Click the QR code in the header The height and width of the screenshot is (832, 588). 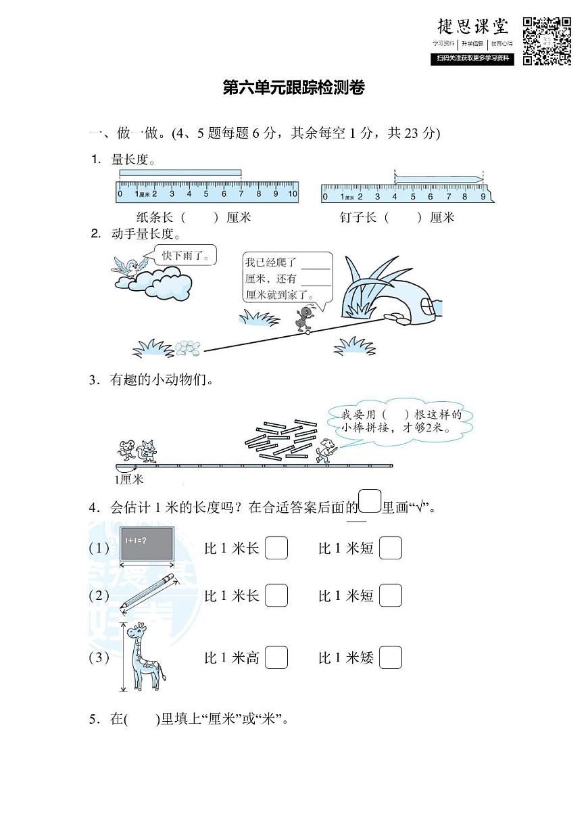pos(547,41)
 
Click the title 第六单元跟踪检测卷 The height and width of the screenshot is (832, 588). pos(294,89)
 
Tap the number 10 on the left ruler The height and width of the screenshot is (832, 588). pos(292,194)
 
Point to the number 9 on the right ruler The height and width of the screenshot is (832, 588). pos(483,197)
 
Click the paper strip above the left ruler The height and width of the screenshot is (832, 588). pos(180,173)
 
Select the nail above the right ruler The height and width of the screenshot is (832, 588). pos(439,179)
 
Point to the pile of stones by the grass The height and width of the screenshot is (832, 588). pos(188,348)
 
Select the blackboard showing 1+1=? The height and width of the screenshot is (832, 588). pos(147,542)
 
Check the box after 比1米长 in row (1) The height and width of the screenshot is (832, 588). pos(276,548)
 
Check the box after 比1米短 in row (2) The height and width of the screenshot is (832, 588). pos(391,595)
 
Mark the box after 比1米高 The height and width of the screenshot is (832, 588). pos(276,657)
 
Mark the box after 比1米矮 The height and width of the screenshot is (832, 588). pos(391,657)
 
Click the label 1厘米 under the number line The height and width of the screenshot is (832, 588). pos(128,480)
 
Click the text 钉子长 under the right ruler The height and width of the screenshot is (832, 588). pos(358,218)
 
